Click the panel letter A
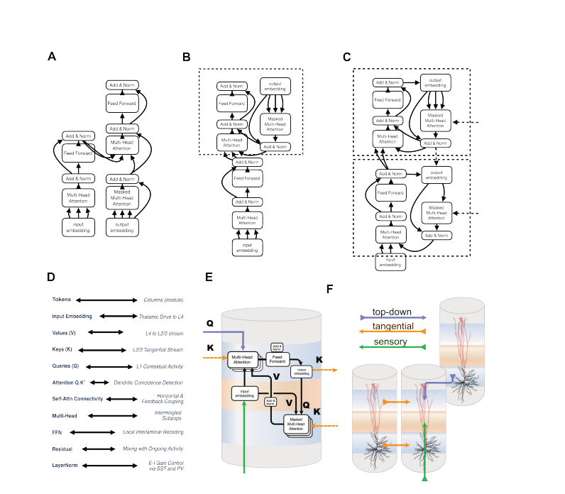[52, 56]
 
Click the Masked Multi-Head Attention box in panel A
[122, 197]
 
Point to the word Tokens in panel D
[62, 301]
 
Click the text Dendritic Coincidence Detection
[161, 383]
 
